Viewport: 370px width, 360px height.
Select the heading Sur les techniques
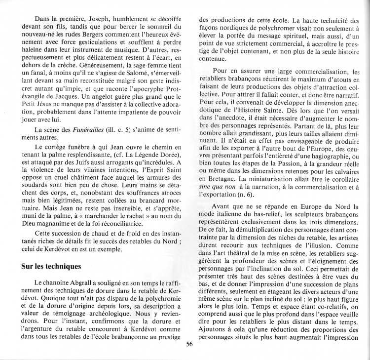click(x=51, y=267)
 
